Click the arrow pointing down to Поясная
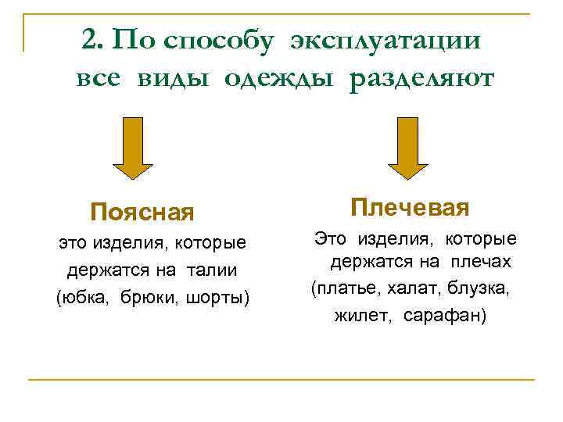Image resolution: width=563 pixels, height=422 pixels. (x=133, y=148)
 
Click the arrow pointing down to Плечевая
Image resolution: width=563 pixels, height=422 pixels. (x=409, y=148)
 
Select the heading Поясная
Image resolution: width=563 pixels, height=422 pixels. (x=142, y=212)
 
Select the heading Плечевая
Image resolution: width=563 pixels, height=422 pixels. (x=410, y=208)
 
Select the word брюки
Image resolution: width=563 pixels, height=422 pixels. (x=149, y=298)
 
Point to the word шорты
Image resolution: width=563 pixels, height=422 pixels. (x=217, y=298)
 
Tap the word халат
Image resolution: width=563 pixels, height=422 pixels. (x=411, y=289)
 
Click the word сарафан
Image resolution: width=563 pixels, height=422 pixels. (x=443, y=316)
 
